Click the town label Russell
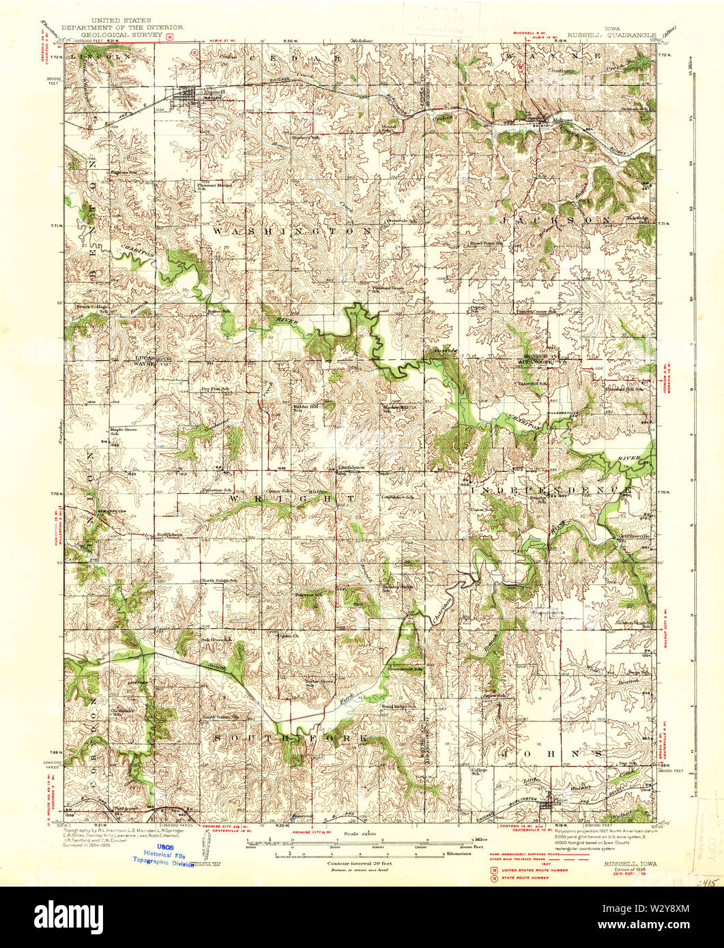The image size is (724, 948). tap(212, 91)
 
